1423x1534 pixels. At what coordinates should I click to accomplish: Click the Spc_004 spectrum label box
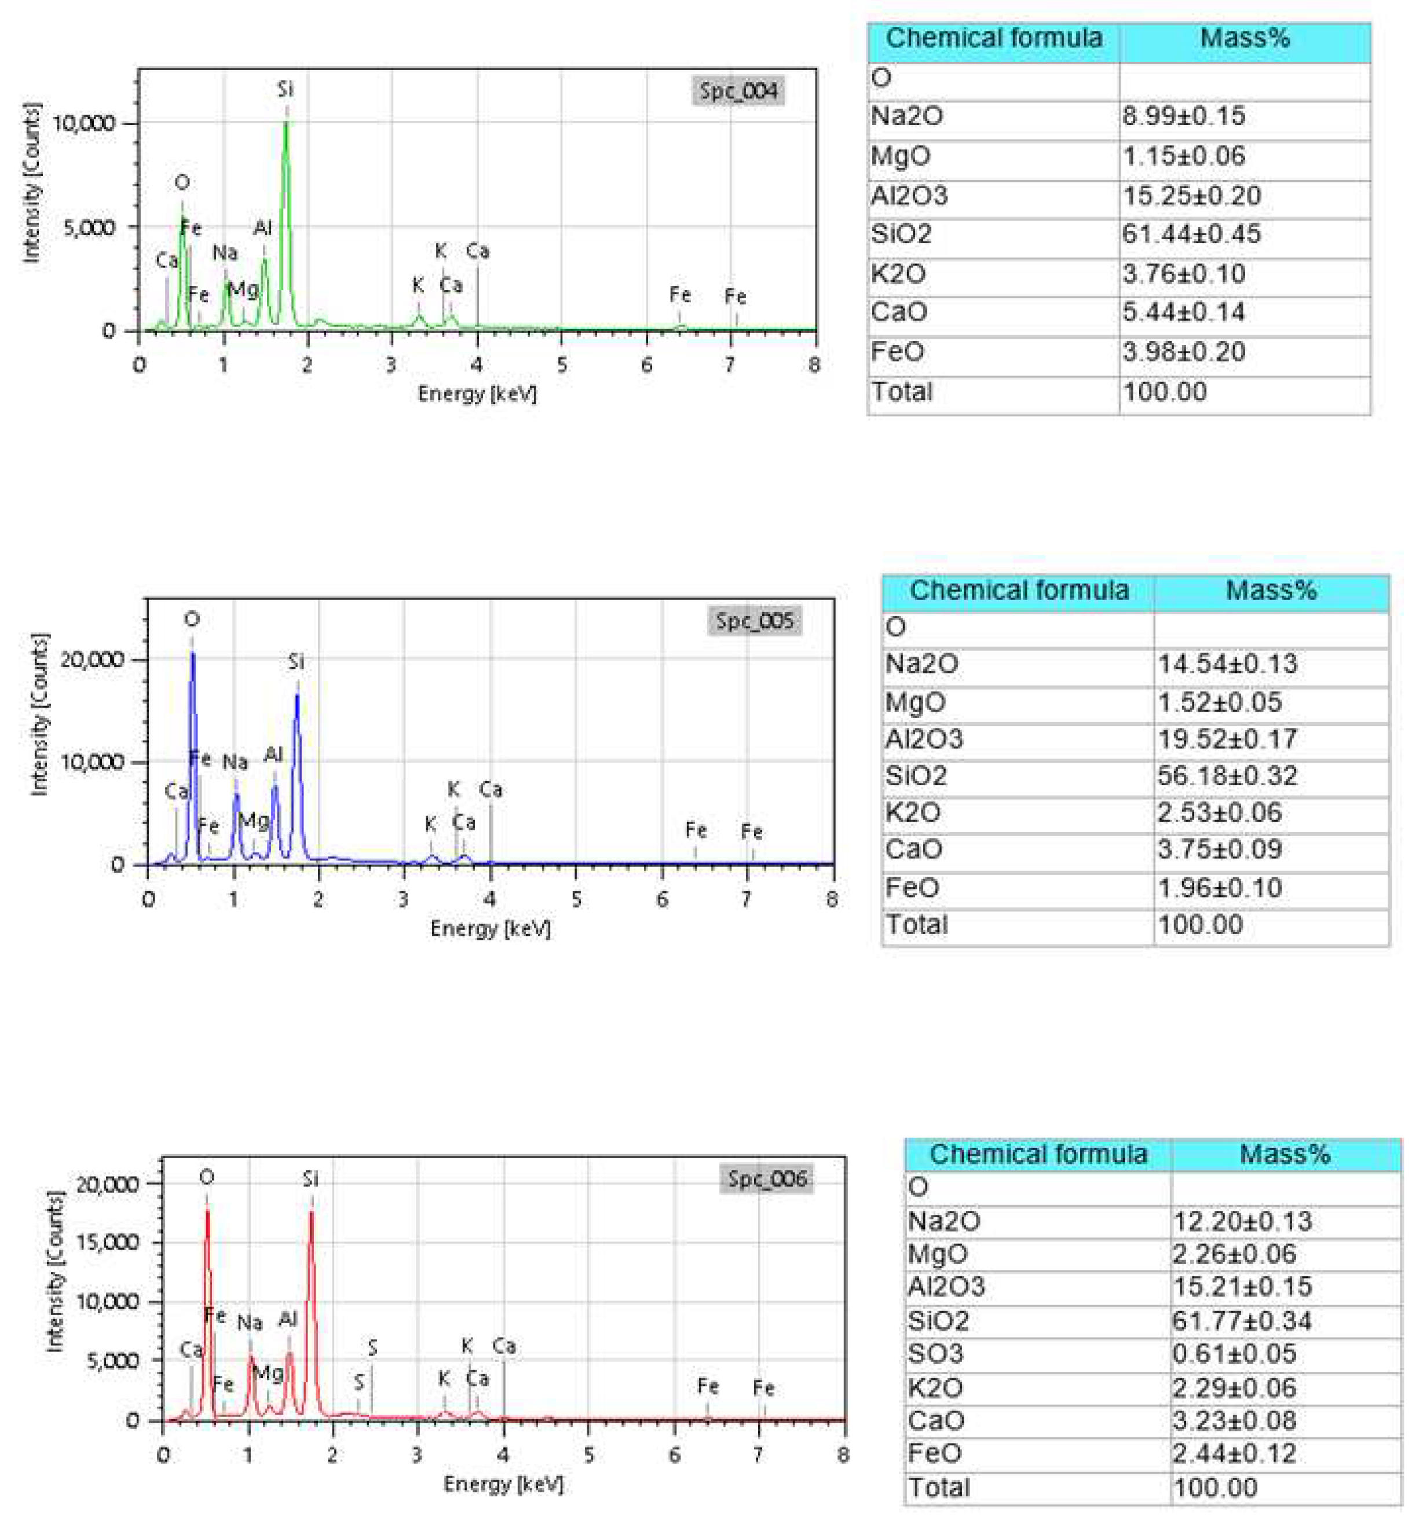tap(738, 91)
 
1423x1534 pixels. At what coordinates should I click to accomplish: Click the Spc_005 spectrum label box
tap(755, 621)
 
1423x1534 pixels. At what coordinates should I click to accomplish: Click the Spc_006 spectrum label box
tap(767, 1178)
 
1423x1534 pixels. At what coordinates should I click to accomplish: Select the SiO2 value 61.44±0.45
tap(1190, 234)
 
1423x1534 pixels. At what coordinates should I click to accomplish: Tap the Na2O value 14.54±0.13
tap(1227, 663)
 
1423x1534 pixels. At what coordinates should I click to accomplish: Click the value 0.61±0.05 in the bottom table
tap(1234, 1353)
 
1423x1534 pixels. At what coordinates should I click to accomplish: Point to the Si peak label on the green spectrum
tap(286, 89)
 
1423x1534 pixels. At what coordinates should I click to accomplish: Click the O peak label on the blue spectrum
tap(192, 618)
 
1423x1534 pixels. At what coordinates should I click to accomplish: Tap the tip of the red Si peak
tap(311, 1212)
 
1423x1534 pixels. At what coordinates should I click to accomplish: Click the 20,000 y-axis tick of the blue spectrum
tap(92, 659)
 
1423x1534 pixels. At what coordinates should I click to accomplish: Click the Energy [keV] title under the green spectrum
tap(477, 394)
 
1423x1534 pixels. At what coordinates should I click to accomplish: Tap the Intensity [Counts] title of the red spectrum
tap(54, 1271)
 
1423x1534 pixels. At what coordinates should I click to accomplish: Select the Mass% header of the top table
tap(1245, 38)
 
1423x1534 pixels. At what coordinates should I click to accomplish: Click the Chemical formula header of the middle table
tap(1018, 590)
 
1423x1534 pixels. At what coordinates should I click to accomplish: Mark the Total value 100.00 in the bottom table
tap(1215, 1487)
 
